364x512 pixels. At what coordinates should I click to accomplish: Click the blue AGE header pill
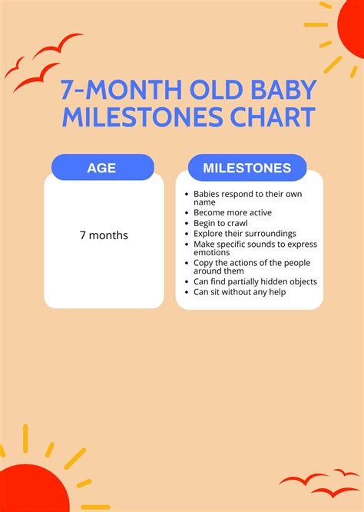[101, 167]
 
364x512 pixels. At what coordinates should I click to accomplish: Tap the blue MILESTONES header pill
[247, 167]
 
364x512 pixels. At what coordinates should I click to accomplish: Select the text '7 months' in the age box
[104, 235]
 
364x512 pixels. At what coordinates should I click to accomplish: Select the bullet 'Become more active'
[232, 212]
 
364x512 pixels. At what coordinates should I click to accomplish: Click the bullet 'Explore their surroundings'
[245, 233]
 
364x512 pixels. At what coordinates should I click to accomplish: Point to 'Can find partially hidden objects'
[255, 282]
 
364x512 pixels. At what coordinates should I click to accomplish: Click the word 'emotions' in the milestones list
[211, 252]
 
